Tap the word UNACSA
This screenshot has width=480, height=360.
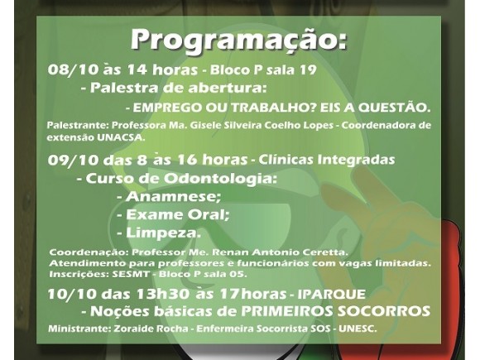click(x=121, y=137)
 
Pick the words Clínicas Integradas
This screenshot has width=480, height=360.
click(x=327, y=160)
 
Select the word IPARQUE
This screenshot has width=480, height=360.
click(x=332, y=294)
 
